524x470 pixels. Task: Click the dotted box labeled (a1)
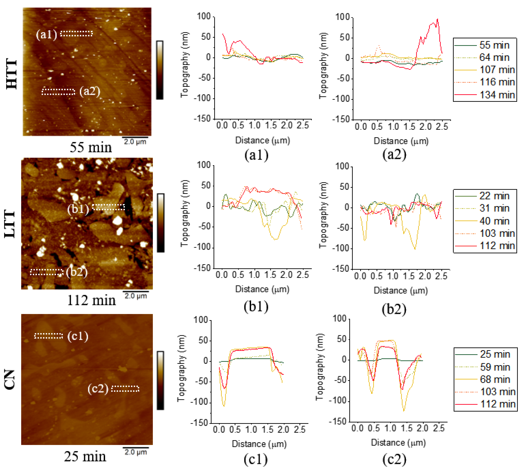tap(76, 33)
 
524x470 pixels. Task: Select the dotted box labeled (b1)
tap(108, 207)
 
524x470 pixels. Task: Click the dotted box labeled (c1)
tap(49, 336)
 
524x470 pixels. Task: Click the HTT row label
tap(12, 74)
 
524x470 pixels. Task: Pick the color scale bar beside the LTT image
tap(161, 223)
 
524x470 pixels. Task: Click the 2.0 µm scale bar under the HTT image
tap(135, 137)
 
